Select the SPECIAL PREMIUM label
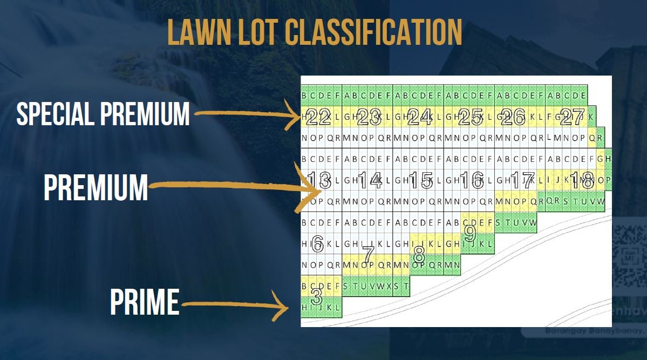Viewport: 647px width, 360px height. [x=103, y=113]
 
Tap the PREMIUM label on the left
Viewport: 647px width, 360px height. [x=96, y=187]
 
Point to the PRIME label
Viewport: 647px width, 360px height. [x=144, y=302]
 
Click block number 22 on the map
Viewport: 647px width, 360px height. [x=318, y=116]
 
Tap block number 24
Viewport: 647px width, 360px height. [x=420, y=116]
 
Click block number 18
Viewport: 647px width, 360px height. [x=582, y=180]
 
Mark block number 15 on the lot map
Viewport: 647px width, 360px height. [x=420, y=180]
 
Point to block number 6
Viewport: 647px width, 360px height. [x=317, y=244]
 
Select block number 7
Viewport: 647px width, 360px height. [x=369, y=253]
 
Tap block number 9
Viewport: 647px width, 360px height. [x=470, y=233]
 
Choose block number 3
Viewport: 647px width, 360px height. [x=317, y=296]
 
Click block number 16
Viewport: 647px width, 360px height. [x=471, y=180]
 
